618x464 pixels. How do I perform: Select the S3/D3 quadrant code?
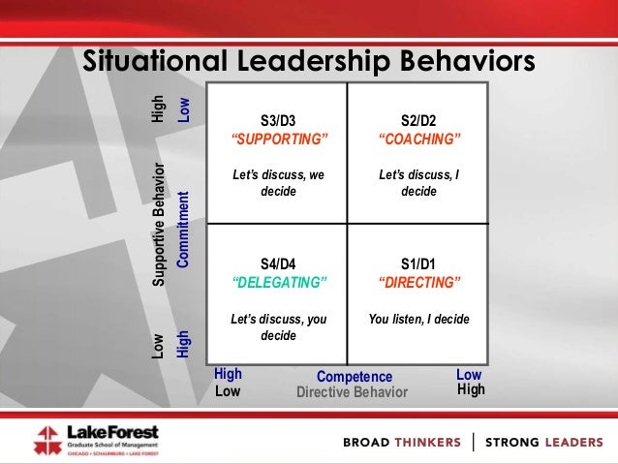(x=279, y=121)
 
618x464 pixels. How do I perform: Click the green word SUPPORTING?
(x=279, y=139)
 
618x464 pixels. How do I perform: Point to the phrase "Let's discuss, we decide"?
(x=279, y=183)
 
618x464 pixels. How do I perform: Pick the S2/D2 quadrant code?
(x=418, y=121)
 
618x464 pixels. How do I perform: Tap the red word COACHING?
(x=418, y=139)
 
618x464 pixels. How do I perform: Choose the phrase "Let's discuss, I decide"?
(x=418, y=183)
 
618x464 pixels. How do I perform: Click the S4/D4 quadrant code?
(x=279, y=263)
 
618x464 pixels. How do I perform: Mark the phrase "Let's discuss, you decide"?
(x=279, y=326)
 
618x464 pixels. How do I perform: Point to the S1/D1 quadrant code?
(x=418, y=263)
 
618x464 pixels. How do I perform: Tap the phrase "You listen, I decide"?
(x=418, y=319)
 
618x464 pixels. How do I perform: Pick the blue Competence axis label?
(x=355, y=377)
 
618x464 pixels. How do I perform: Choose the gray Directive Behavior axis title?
(x=352, y=392)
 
